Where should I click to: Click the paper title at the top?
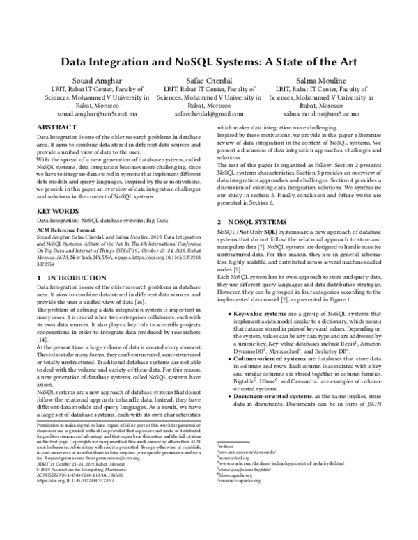pos(209,61)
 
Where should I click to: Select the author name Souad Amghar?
pos(93,81)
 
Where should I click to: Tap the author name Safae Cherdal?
pos(209,81)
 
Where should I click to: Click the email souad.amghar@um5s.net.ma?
pos(93,113)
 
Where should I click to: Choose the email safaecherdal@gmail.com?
pos(209,113)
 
